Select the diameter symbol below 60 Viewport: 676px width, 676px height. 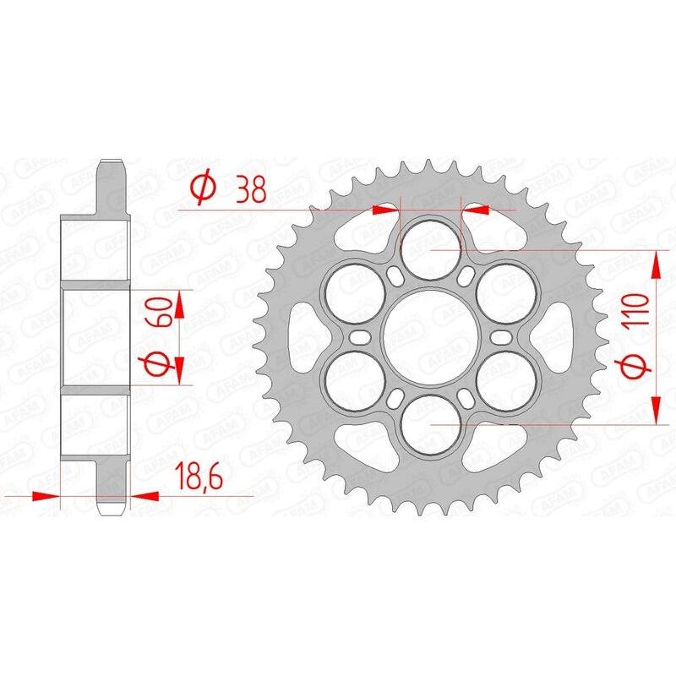(x=164, y=364)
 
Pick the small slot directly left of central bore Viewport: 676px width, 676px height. (x=362, y=336)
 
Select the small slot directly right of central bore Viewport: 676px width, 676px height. (x=500, y=336)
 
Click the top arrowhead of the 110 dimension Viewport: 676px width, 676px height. (x=657, y=262)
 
